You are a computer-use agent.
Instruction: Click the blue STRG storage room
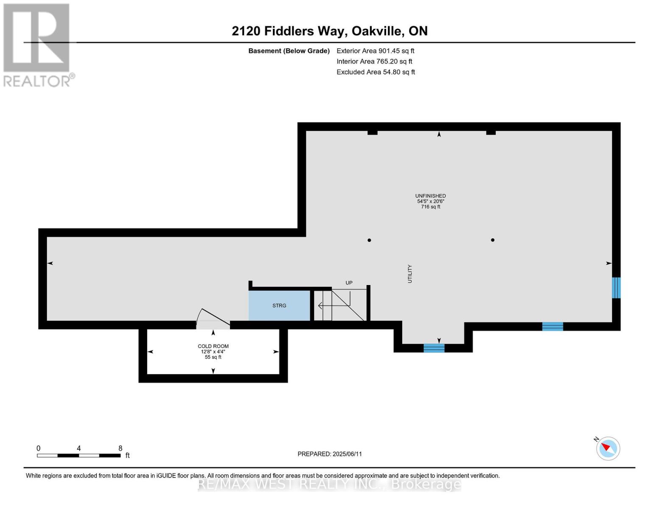pos(279,305)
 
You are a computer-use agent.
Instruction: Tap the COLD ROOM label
pos(213,346)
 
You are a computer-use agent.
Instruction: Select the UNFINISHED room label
pos(430,196)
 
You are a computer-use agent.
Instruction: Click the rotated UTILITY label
pos(410,274)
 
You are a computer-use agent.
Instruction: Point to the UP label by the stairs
pos(349,283)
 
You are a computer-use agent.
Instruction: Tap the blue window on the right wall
pos(616,288)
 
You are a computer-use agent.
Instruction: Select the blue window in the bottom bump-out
pos(434,348)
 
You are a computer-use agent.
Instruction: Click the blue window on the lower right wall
pos(552,326)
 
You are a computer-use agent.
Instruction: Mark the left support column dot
pos(369,240)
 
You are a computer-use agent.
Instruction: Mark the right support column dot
pos(493,240)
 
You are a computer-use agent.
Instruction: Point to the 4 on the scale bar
pos(79,448)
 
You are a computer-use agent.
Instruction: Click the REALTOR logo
pos(37,45)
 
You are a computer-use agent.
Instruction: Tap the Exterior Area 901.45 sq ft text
pos(375,51)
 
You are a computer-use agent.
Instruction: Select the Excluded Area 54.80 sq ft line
pos(376,72)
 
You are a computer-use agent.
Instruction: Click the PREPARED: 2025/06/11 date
pos(330,454)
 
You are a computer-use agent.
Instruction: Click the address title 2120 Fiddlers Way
pos(329,31)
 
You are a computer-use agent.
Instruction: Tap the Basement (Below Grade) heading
pos(289,51)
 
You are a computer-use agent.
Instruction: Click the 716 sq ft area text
pos(430,207)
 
